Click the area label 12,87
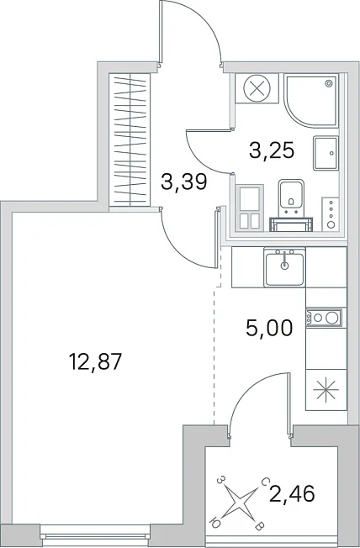(96, 361)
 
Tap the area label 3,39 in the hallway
(184, 182)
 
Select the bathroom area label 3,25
(272, 150)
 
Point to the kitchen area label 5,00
(269, 328)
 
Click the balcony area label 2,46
(293, 493)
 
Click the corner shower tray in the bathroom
(311, 100)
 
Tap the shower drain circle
(329, 83)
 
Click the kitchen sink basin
(284, 267)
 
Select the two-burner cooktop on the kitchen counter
(324, 318)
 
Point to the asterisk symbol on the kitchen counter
(326, 389)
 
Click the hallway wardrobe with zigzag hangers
(130, 140)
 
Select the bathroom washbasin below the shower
(326, 153)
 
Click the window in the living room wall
(95, 532)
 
